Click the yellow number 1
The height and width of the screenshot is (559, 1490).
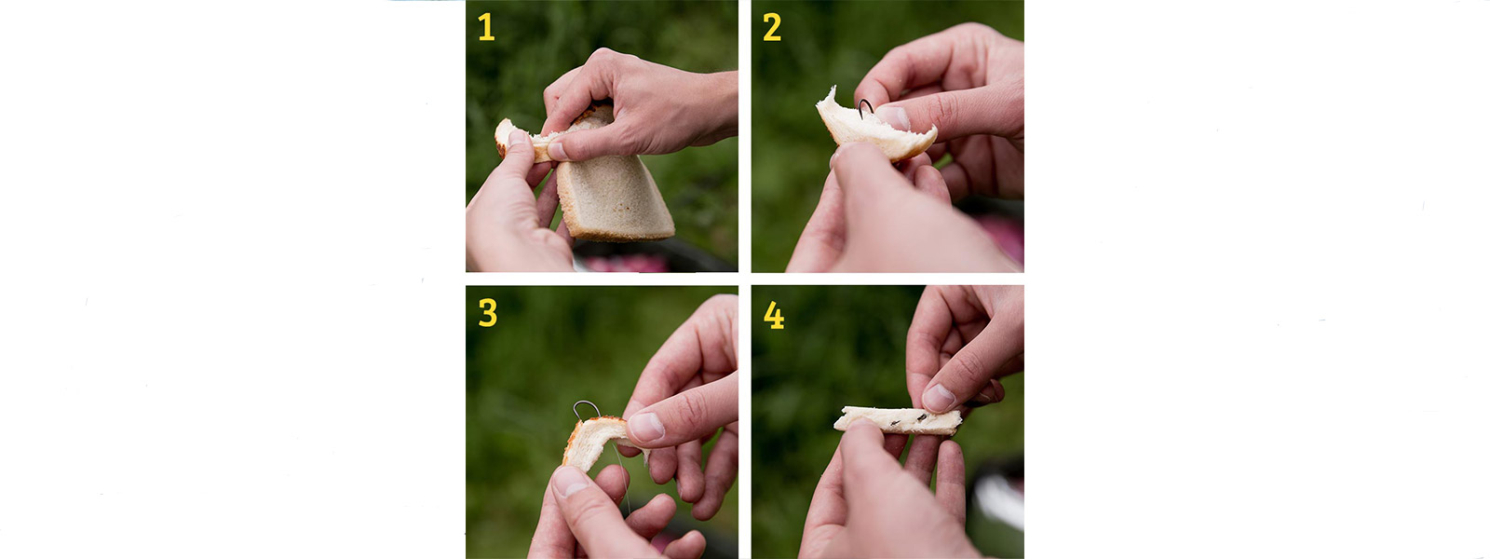tap(486, 27)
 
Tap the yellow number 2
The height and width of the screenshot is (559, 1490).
tap(772, 27)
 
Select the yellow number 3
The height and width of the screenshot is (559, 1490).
tap(488, 312)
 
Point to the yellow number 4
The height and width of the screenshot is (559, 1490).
tap(774, 315)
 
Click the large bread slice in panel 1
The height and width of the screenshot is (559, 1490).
tap(612, 186)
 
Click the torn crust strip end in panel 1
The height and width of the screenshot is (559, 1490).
tap(507, 133)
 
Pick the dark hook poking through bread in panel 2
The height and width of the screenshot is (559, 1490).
tap(865, 107)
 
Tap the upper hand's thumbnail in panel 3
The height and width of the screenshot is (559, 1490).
tap(646, 427)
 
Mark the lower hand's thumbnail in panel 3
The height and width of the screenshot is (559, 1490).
tap(569, 481)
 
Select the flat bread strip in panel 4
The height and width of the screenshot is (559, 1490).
tap(898, 420)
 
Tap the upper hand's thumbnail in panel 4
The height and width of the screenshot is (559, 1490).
tap(938, 397)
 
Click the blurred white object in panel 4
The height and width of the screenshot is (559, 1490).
tap(997, 499)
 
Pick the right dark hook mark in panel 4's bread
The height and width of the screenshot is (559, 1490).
tap(923, 418)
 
